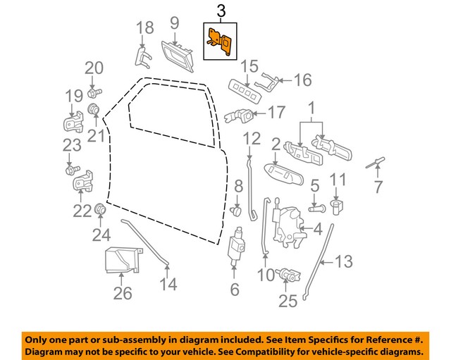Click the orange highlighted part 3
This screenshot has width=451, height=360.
(221, 39)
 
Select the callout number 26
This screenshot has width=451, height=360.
(123, 293)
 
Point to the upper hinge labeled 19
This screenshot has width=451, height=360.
(74, 123)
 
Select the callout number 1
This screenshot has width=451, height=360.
(310, 109)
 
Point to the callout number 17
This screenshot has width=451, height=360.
(276, 112)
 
